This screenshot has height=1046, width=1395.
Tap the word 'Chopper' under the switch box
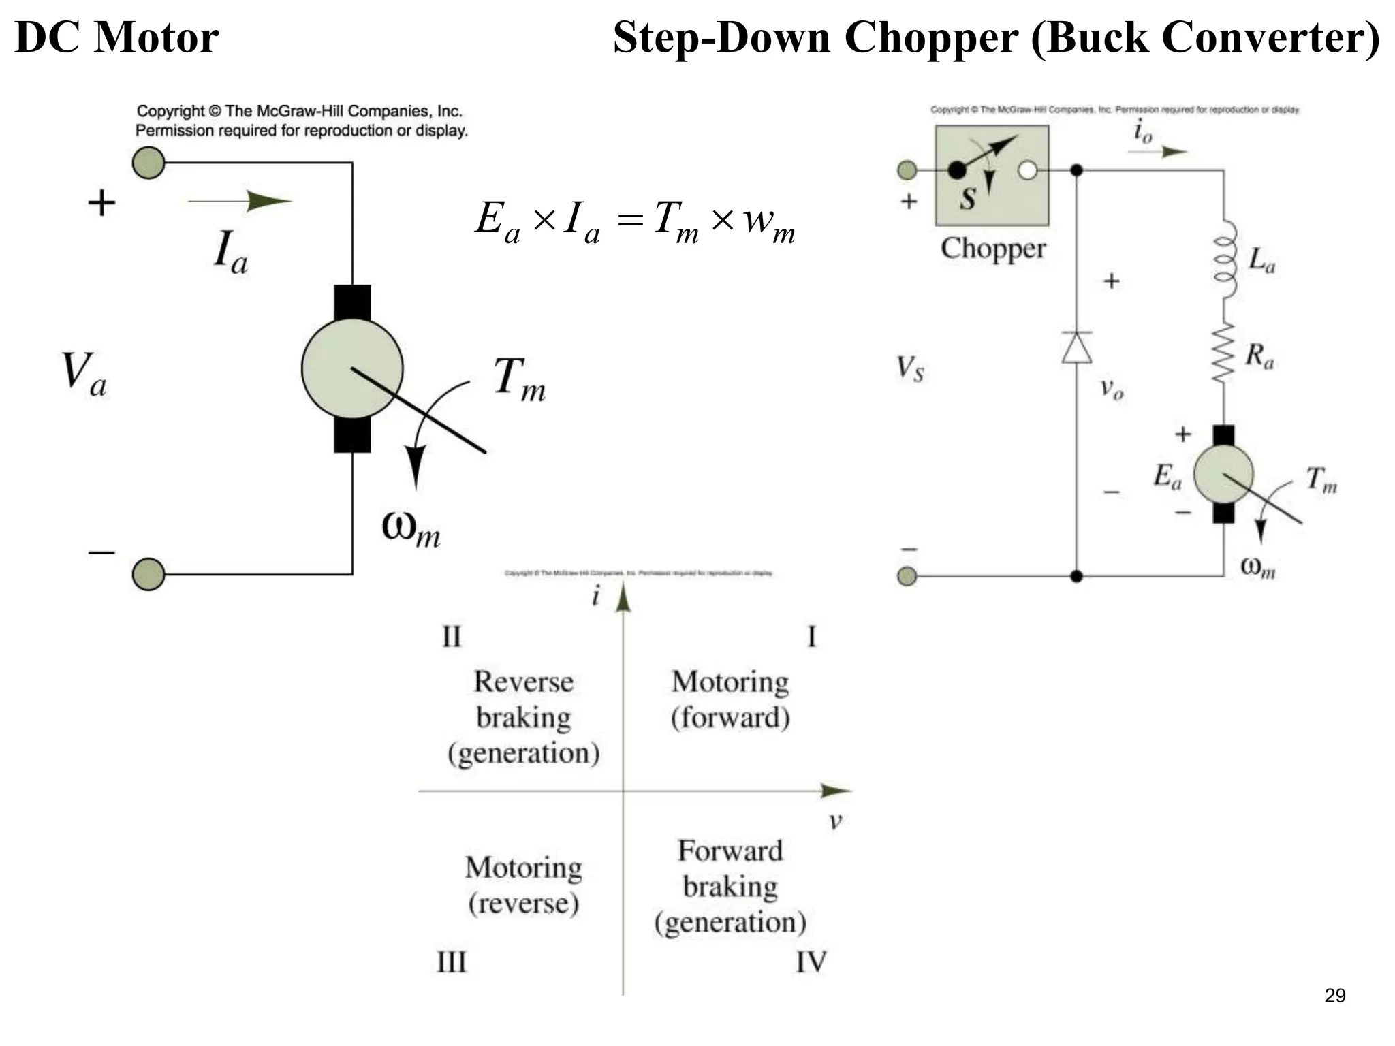[992, 249]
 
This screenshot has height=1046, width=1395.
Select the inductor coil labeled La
[1225, 260]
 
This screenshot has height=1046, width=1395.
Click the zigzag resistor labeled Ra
[1223, 353]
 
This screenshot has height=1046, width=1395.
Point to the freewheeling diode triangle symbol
[1077, 347]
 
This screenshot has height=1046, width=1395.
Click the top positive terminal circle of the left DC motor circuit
[148, 163]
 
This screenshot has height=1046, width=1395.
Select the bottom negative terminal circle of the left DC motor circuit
[148, 574]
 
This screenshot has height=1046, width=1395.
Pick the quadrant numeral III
[451, 962]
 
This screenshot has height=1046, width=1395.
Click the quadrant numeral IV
[811, 962]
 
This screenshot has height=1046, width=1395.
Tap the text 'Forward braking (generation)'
[730, 886]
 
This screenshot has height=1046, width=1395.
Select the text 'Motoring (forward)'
[730, 699]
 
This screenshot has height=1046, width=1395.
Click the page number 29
[1334, 996]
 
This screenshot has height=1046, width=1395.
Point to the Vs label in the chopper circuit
[910, 369]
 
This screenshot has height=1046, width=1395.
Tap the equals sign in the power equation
[630, 220]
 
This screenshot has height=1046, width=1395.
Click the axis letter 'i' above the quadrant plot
[596, 596]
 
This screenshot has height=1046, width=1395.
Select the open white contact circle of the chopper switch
[1027, 170]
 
